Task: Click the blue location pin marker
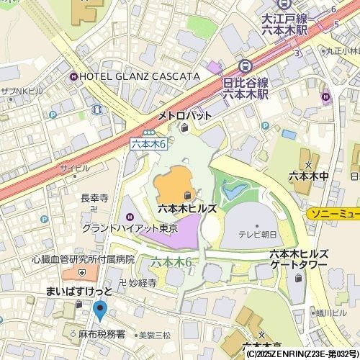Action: coord(99,310)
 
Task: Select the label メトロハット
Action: coord(185,116)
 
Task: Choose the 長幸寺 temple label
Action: coord(94,197)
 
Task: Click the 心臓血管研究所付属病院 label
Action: coord(83,259)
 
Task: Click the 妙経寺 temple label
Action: coord(142,283)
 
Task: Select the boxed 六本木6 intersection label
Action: coord(149,144)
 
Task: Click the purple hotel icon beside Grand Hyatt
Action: coord(130,216)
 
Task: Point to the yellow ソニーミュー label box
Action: coord(333,214)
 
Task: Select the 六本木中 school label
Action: coord(308,175)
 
